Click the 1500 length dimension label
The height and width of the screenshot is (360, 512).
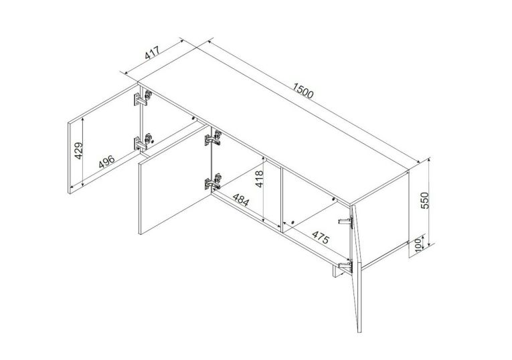pos(303,91)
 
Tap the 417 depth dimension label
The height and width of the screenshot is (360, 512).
pos(152,53)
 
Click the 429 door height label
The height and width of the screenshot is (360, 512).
pos(79,151)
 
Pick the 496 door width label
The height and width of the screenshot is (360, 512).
pos(107,161)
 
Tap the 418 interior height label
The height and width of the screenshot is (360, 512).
pos(259,179)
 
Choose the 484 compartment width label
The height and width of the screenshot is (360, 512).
pos(241,199)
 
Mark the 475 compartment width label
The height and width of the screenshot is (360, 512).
pos(321,237)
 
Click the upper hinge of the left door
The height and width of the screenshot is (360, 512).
pos(143,98)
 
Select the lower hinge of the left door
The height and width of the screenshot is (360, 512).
pos(143,142)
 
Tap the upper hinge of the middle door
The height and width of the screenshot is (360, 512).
pos(214,138)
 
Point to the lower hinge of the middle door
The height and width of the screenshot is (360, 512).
pos(214,182)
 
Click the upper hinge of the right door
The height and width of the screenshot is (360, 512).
pos(346,222)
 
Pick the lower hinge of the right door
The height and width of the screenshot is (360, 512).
pos(346,266)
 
